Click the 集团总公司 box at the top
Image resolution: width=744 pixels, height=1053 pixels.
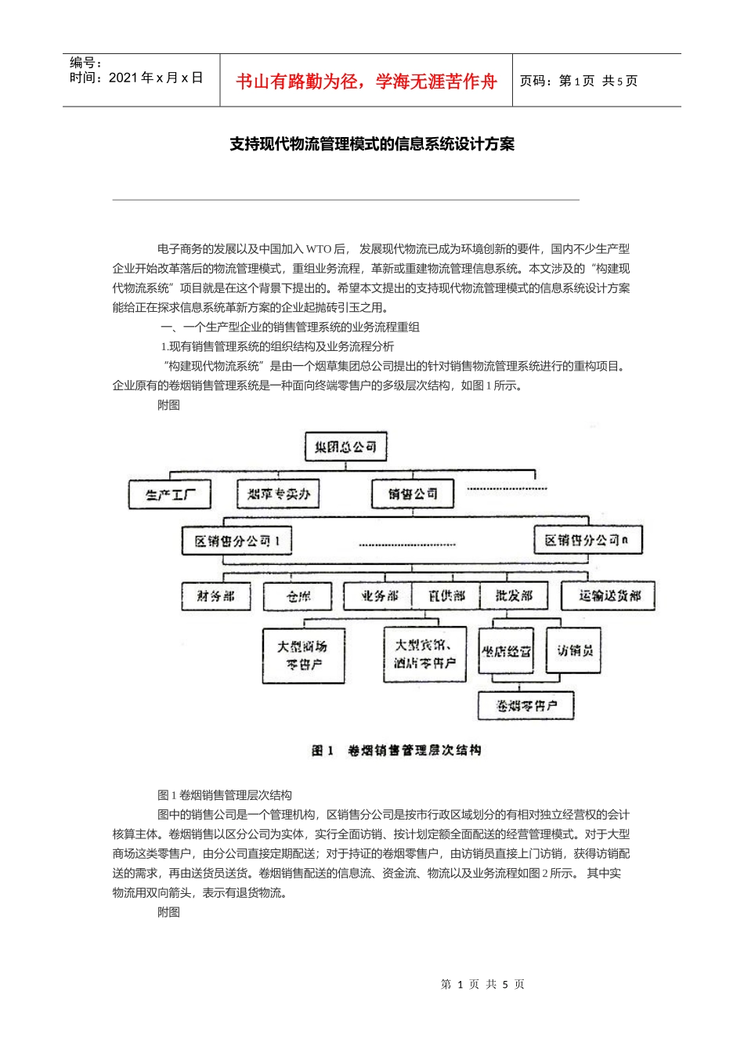coord(345,447)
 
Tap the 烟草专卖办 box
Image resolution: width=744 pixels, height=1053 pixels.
coord(279,494)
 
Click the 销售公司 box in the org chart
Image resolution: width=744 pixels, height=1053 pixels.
coord(413,494)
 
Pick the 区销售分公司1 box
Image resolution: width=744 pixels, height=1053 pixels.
coord(237,541)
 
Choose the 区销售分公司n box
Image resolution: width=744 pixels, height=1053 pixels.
coord(587,540)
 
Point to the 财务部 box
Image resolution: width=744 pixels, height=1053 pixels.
coord(215,596)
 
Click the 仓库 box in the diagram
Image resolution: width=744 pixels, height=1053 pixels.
coord(299,596)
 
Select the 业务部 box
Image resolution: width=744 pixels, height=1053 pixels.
coord(378,596)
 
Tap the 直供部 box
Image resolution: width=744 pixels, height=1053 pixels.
coord(446,596)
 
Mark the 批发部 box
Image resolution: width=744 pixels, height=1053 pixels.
coord(514,596)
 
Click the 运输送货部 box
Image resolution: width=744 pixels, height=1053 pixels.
coord(609,596)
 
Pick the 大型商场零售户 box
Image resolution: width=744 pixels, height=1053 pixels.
coord(303,655)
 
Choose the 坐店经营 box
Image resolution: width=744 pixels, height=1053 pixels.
coord(506,651)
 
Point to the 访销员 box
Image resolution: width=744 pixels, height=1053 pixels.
coord(574,650)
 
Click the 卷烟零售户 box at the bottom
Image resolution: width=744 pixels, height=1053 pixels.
coord(525,705)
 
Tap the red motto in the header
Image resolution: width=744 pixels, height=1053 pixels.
coord(367,81)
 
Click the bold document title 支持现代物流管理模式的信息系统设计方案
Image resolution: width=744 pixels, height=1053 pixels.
coord(372,144)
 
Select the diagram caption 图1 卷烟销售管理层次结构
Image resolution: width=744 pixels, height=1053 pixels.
coord(396,751)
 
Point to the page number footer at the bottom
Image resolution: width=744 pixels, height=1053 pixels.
coord(482,984)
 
